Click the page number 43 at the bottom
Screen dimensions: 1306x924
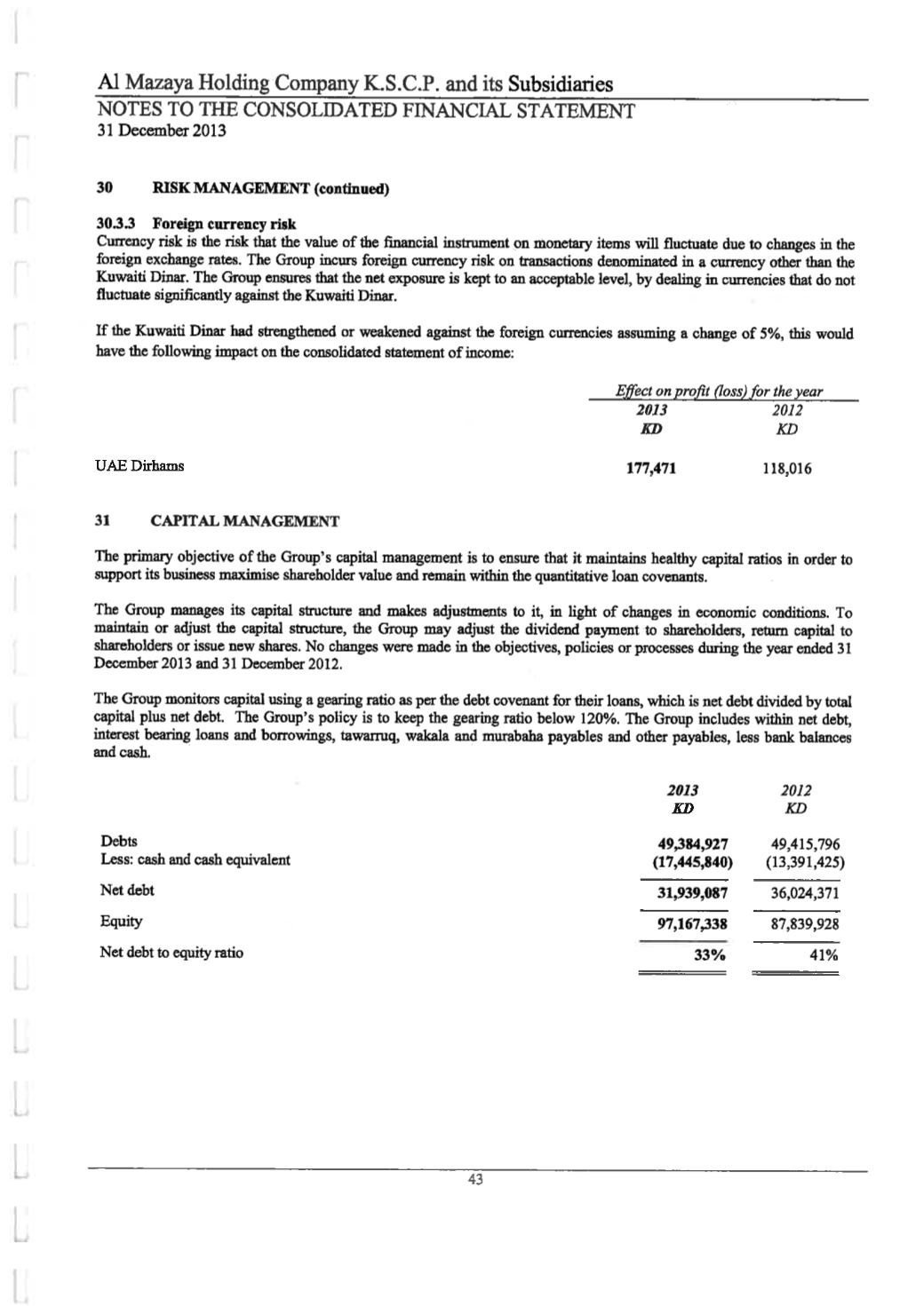click(474, 1180)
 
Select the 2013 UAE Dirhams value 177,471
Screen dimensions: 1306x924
click(651, 468)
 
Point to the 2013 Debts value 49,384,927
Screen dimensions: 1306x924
click(692, 843)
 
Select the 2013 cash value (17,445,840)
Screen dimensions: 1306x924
click(692, 861)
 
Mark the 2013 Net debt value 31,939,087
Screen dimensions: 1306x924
click(692, 893)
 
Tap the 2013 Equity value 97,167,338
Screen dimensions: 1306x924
click(692, 924)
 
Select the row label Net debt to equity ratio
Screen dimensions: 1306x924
click(171, 953)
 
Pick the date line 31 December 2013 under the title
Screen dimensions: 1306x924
click(161, 131)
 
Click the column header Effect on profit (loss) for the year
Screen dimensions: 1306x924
click(719, 392)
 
